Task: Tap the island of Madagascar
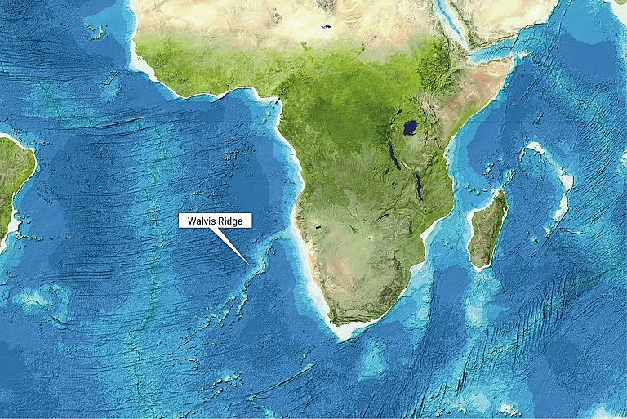[x=487, y=229]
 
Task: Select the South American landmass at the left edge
[x=12, y=180]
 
